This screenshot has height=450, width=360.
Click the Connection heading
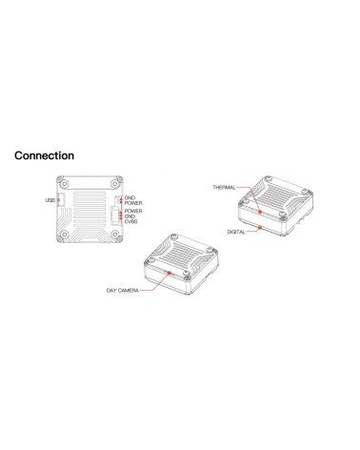point(44,155)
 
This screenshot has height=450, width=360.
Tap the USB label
point(50,200)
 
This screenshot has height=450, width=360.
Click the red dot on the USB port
point(58,200)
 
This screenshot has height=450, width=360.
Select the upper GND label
point(130,197)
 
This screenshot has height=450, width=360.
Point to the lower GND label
point(130,216)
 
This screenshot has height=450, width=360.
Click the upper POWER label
point(133,203)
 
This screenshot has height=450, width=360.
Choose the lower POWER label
point(133,211)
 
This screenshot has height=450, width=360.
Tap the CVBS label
point(130,221)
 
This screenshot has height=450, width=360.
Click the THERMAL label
point(224,187)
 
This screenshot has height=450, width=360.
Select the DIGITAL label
point(236,232)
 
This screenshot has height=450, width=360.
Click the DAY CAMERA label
point(122,291)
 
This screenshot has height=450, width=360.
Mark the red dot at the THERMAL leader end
point(260,212)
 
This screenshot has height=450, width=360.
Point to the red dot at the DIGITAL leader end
point(260,227)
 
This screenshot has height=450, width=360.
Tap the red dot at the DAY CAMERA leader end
point(170,273)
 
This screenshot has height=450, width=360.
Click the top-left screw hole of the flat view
point(65,183)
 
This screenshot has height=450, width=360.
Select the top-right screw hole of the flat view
point(114,183)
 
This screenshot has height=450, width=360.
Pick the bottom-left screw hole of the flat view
point(65,235)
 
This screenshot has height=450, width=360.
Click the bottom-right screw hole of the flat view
point(115,235)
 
